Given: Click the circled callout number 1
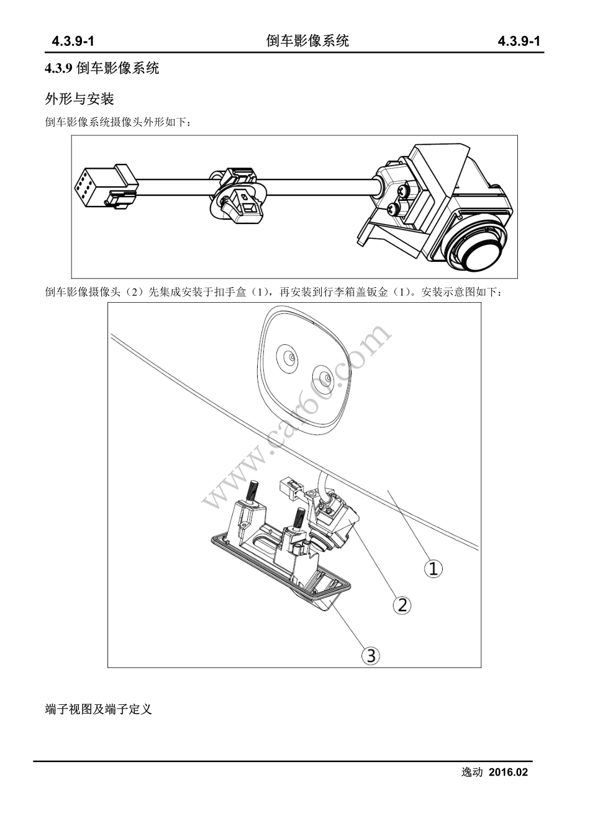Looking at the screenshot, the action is (433, 568).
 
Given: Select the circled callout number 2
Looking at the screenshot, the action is (402, 604).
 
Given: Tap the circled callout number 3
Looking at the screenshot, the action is (371, 655).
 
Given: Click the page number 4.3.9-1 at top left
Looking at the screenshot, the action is (73, 42).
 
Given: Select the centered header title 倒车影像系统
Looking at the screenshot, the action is (307, 41).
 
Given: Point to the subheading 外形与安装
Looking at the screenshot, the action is (79, 99).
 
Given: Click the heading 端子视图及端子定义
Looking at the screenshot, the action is (99, 709).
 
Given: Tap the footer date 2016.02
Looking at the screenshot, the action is (508, 773).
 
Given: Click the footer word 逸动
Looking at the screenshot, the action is (471, 773).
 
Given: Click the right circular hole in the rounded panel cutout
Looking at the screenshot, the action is (324, 376).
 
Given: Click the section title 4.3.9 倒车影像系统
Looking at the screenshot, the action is (102, 68).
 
